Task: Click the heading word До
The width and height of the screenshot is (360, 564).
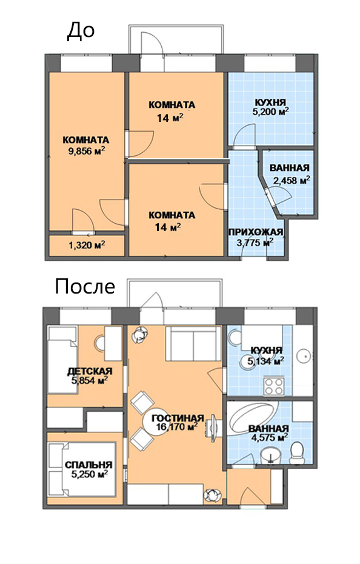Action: [81, 31]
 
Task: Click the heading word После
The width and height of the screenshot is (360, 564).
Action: [85, 287]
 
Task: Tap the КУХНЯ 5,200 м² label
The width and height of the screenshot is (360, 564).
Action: [270, 107]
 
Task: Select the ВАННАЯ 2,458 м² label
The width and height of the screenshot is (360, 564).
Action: [290, 174]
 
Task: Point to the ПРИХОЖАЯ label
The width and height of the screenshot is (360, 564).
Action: [256, 232]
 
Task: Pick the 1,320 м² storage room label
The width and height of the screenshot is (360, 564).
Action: [87, 246]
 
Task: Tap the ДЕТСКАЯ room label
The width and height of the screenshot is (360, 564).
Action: [90, 371]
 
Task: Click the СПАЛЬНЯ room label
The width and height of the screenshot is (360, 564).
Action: [88, 465]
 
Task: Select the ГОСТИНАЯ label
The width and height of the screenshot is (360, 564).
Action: [178, 418]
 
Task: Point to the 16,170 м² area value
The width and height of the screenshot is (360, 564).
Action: [177, 428]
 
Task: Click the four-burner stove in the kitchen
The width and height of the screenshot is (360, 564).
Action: [274, 386]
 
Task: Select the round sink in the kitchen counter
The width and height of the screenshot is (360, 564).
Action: [304, 356]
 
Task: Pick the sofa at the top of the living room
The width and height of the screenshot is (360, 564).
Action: [193, 343]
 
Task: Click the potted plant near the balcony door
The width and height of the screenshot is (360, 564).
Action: [139, 335]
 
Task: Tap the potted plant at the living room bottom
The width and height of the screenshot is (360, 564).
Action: [211, 496]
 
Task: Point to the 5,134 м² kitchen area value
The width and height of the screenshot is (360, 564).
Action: [266, 360]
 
